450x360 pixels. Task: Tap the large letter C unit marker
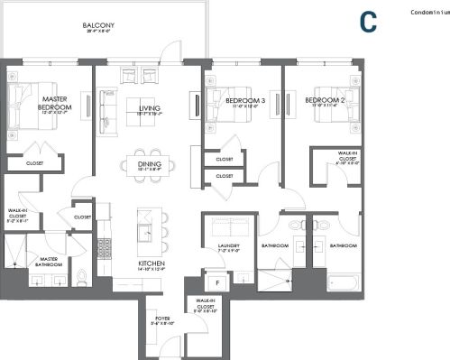367,22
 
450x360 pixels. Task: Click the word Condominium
429,13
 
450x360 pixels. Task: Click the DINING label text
150,164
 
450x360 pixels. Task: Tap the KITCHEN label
150,263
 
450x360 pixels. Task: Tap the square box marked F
217,281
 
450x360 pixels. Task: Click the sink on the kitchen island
144,234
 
